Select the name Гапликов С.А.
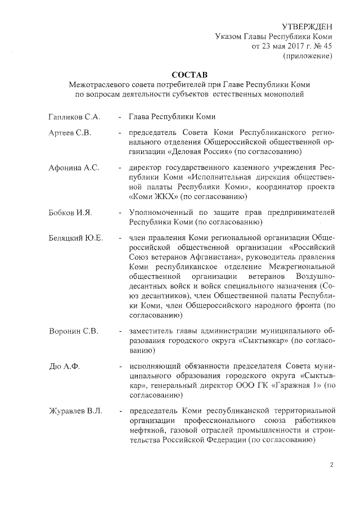tap(74, 117)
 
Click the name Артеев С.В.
tap(70, 133)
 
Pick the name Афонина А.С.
tap(74, 168)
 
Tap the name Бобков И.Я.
tap(70, 212)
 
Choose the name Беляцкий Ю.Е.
tap(76, 238)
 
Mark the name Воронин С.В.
tap(74, 331)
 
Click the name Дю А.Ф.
tap(64, 367)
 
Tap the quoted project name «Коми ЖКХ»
tap(155, 197)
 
